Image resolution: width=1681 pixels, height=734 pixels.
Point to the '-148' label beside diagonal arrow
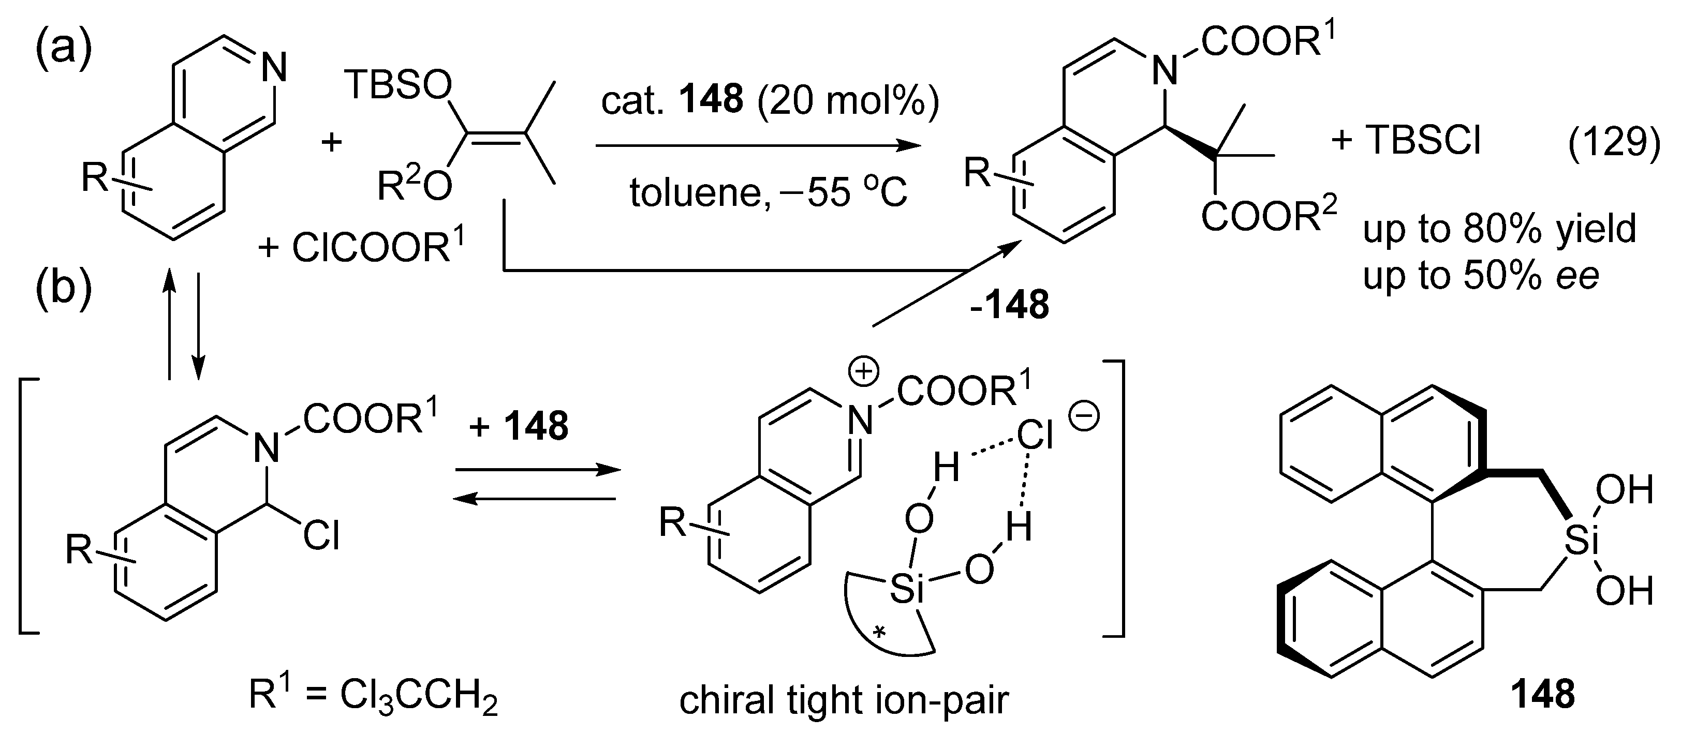pos(1010,305)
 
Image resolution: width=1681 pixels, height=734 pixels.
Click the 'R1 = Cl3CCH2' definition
pos(373,696)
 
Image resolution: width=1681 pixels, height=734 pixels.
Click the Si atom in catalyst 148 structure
pos(1579,542)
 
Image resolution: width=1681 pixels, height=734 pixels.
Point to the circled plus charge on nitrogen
pos(863,372)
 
